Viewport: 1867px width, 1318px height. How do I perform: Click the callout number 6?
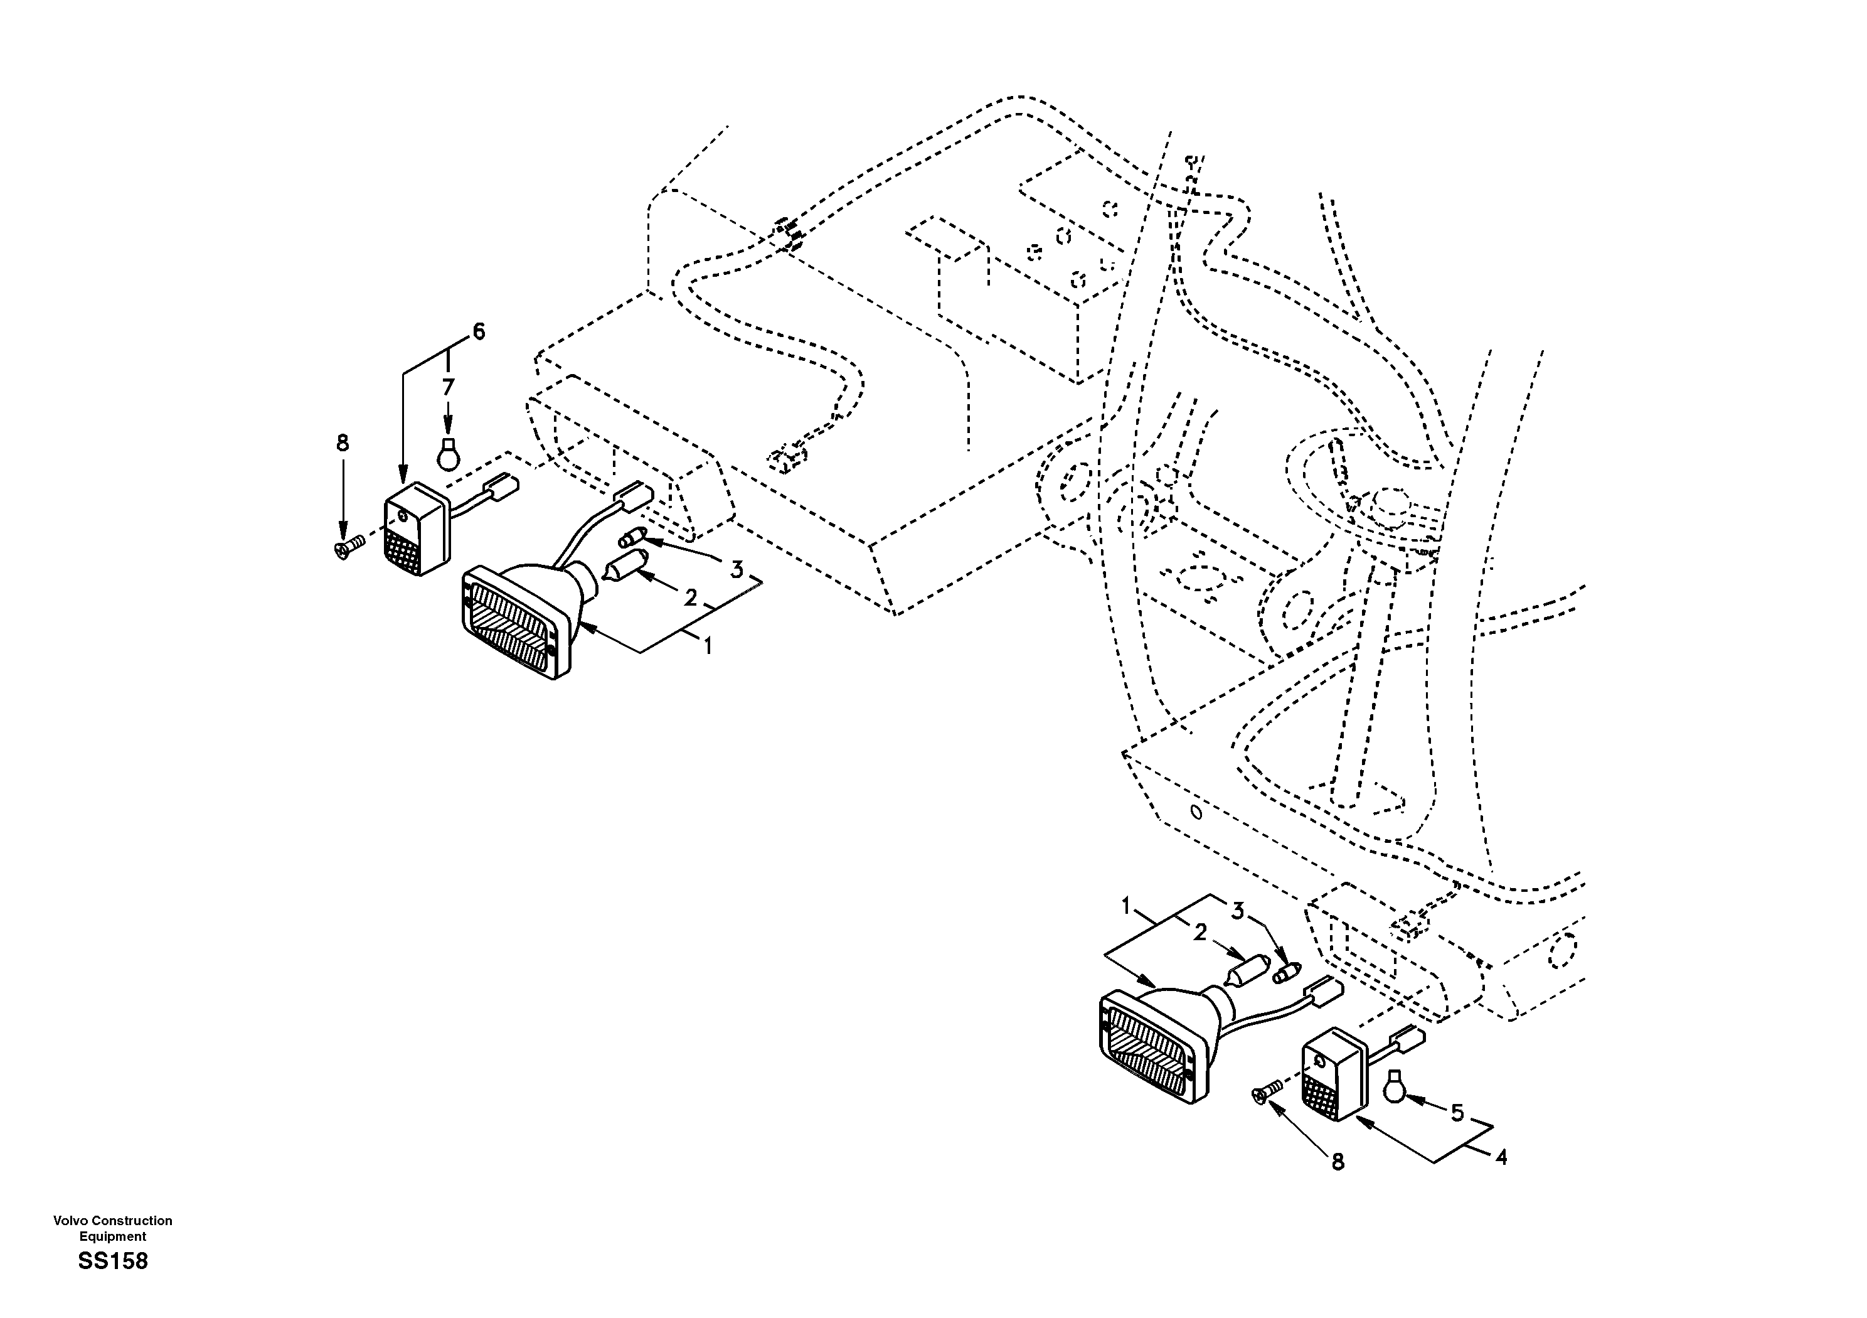pos(479,331)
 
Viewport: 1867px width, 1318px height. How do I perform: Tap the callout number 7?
pos(448,388)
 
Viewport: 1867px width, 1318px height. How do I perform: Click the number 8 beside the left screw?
pos(343,442)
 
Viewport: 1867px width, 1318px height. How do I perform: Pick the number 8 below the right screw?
pos(1338,1162)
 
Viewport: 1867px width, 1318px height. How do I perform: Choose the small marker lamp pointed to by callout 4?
pos(1334,1074)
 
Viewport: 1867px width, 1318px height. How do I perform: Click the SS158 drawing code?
pos(113,1261)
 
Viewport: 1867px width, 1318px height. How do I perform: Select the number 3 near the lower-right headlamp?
pos(1237,912)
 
